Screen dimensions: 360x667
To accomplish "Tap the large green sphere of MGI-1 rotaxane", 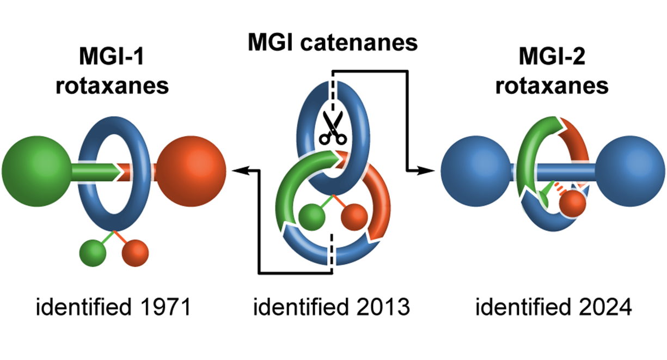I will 37,167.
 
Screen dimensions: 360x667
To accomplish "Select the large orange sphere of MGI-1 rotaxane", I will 191,167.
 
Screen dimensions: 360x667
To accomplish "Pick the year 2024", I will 601,308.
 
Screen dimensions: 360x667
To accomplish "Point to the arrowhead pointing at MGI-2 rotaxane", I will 430,171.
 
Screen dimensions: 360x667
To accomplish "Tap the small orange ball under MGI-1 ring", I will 134,252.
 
